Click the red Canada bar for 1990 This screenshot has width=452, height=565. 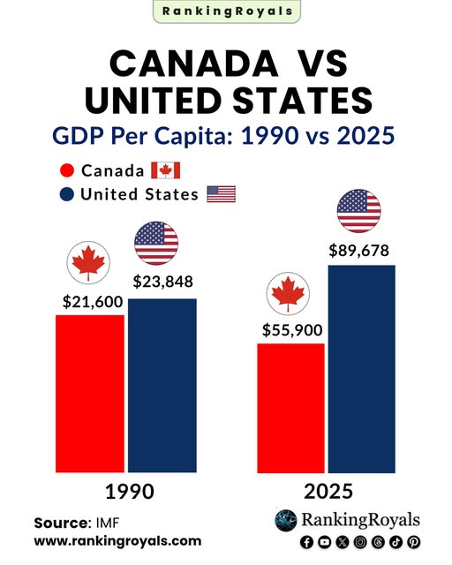(x=90, y=393)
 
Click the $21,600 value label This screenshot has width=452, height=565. (x=92, y=301)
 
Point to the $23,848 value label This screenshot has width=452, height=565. (x=163, y=282)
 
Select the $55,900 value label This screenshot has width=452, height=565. (x=292, y=330)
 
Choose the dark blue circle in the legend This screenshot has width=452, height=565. (x=65, y=195)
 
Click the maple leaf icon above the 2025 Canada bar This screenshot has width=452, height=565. (x=287, y=295)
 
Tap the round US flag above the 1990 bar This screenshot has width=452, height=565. (x=155, y=244)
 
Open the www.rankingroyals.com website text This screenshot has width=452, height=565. (x=117, y=540)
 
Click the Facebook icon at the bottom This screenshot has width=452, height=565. (x=306, y=541)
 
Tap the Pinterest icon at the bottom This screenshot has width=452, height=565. (x=413, y=541)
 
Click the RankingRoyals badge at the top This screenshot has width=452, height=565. (x=226, y=11)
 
